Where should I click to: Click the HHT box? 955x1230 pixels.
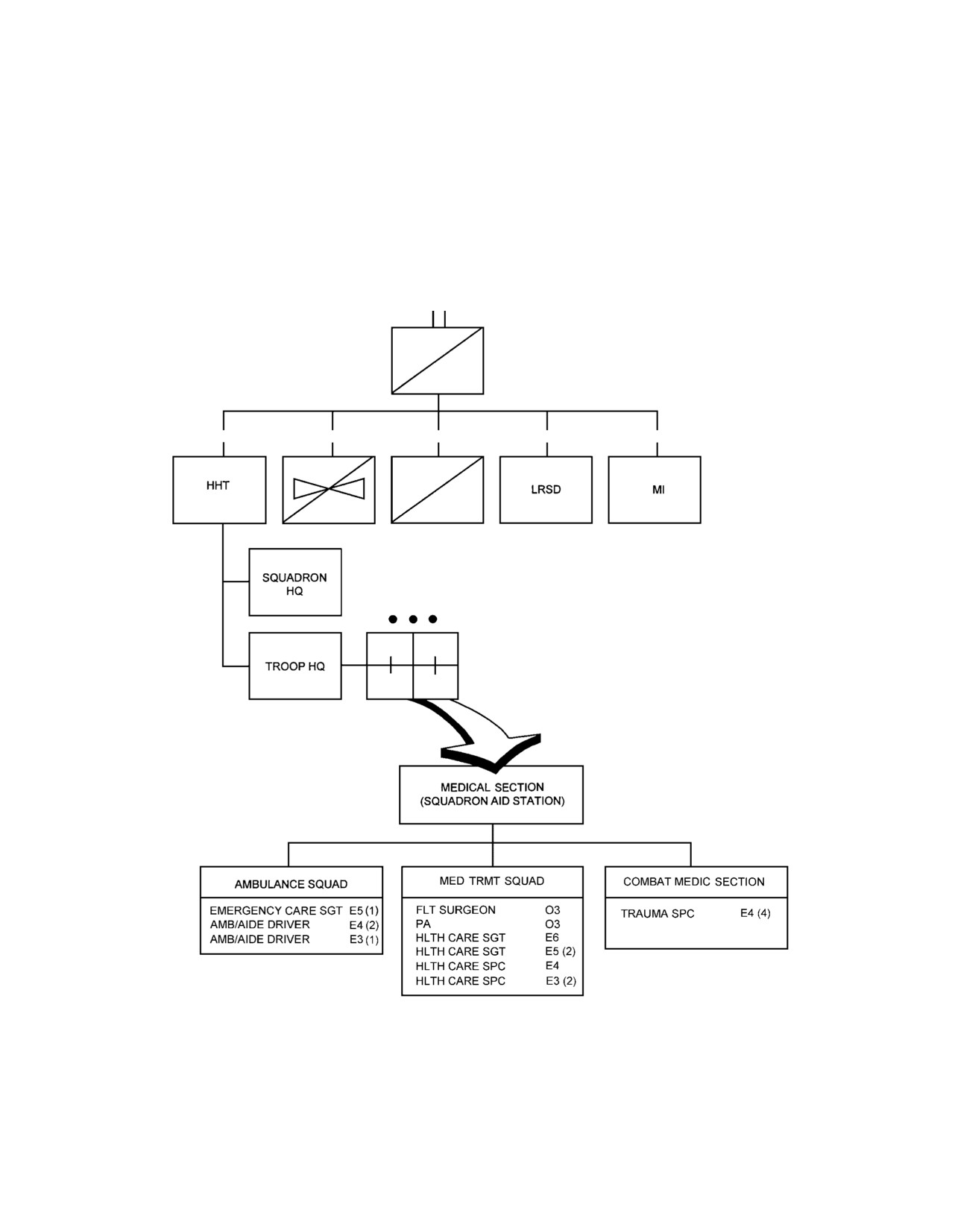click(219, 490)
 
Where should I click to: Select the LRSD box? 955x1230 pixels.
click(546, 490)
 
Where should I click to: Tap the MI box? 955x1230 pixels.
click(655, 490)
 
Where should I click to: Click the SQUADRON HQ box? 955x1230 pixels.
click(295, 582)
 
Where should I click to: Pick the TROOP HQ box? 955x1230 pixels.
click(295, 666)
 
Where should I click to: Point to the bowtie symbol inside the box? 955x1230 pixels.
click(329, 488)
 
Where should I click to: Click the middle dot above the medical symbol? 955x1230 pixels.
click(413, 619)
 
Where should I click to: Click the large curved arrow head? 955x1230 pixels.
click(491, 754)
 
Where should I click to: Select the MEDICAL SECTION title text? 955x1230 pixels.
click(492, 787)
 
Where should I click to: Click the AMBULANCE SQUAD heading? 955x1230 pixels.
click(291, 884)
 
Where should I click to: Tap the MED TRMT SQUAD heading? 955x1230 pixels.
click(491, 881)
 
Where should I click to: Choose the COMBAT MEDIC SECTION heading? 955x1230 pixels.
click(693, 881)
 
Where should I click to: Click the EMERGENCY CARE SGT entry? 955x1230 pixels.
click(276, 911)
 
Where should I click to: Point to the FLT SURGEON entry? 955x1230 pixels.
click(456, 909)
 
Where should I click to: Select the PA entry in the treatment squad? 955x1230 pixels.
click(423, 924)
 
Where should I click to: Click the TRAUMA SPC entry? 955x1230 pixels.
click(658, 914)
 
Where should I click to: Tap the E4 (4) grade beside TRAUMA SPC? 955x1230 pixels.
click(755, 913)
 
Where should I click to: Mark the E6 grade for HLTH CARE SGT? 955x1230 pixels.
click(552, 938)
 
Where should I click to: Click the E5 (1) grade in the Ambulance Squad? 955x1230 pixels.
click(363, 911)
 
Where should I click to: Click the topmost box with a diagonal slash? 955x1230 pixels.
click(438, 361)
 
